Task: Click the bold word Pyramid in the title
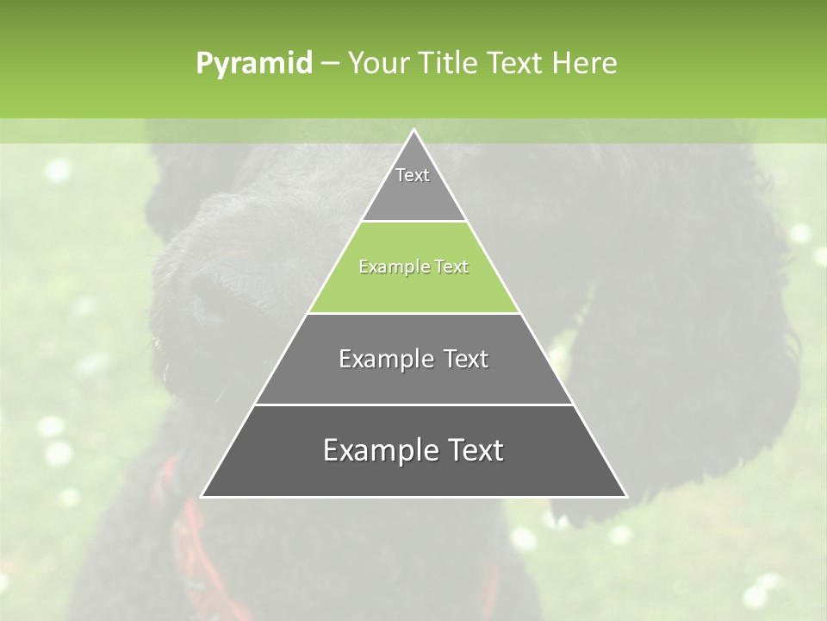click(x=253, y=64)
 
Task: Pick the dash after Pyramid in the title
click(x=330, y=64)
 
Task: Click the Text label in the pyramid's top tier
click(x=413, y=175)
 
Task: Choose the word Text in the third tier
click(x=458, y=359)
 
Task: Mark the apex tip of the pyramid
click(x=413, y=130)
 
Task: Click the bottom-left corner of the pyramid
click(x=202, y=496)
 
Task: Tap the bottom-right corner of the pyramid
click(x=625, y=496)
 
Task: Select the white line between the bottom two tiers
click(x=413, y=405)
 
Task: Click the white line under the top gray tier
click(x=413, y=222)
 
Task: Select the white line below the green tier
click(x=413, y=313)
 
